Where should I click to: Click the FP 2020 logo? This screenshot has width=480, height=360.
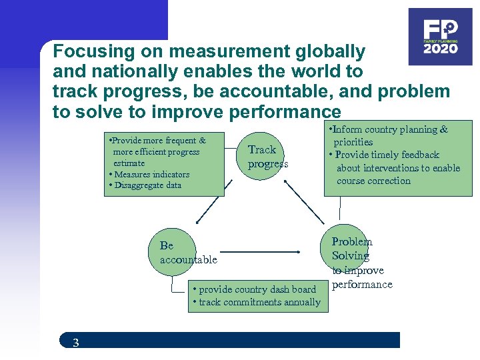coord(440,37)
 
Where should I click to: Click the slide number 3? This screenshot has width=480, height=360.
coord(75,343)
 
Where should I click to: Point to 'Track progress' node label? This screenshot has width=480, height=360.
coord(267,157)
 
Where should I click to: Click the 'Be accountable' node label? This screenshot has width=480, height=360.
coord(188,253)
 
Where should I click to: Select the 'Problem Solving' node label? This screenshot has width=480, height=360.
coord(351,249)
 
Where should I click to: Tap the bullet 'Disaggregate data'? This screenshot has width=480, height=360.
coord(146,185)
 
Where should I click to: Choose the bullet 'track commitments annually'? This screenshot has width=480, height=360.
coord(256,302)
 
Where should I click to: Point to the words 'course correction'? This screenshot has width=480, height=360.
coord(373,181)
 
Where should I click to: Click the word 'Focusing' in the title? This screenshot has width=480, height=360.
coord(89,51)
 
